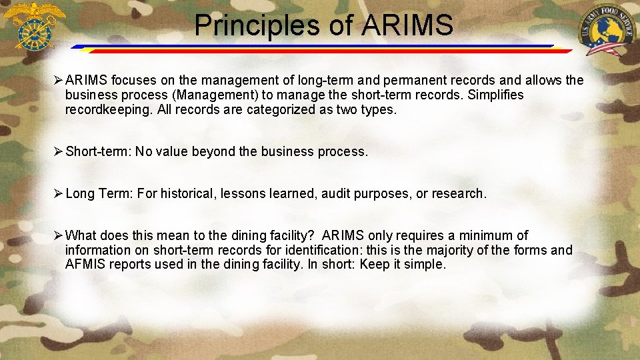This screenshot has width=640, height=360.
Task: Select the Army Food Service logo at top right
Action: click(x=607, y=31)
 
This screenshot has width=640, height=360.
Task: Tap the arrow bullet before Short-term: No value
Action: click(x=57, y=151)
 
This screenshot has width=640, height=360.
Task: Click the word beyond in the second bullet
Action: click(x=213, y=152)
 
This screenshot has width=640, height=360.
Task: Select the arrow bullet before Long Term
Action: click(x=57, y=193)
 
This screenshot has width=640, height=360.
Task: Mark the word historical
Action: click(x=175, y=194)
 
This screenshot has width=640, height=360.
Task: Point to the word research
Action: click(x=459, y=194)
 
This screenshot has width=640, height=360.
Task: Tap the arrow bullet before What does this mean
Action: click(x=57, y=235)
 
